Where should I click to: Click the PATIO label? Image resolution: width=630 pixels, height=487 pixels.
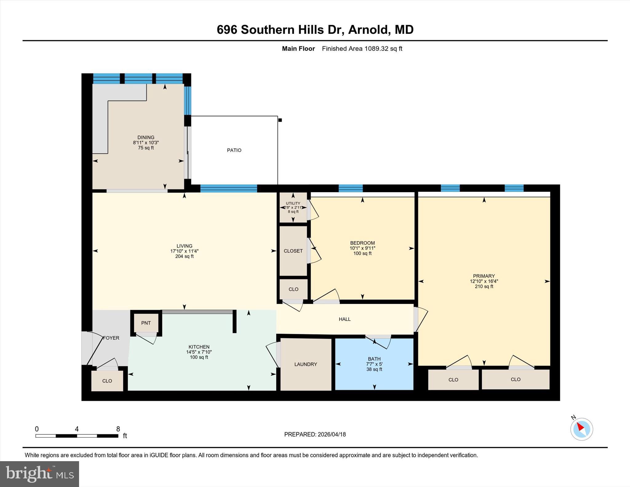[x=234, y=150]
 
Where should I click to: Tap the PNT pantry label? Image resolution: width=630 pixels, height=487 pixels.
[x=146, y=323]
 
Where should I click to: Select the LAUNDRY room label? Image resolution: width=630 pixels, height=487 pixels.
[x=305, y=364]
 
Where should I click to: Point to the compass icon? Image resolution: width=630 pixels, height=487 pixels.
[x=581, y=429]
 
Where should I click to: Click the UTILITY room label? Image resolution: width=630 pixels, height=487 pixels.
[x=293, y=203]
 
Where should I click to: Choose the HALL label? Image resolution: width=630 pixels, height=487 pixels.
[x=345, y=319]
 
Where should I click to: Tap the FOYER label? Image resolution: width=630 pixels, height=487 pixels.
[x=111, y=338]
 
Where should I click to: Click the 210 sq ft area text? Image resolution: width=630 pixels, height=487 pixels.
[x=484, y=286]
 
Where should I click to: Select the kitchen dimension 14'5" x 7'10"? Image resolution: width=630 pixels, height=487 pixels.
[x=199, y=352]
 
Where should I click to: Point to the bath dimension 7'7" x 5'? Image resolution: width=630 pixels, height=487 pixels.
[x=374, y=364]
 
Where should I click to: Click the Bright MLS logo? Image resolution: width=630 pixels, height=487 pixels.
[x=39, y=474]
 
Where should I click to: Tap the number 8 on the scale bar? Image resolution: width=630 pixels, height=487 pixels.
[x=118, y=429]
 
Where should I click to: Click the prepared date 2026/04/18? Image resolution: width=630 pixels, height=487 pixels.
[x=332, y=434]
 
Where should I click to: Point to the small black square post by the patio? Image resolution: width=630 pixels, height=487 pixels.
[x=280, y=120]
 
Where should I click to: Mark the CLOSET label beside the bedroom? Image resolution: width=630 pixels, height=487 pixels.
[x=293, y=251]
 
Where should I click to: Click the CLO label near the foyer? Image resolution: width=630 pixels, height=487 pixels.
[x=107, y=381]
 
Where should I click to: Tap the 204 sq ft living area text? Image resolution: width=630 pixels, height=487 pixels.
[x=184, y=256]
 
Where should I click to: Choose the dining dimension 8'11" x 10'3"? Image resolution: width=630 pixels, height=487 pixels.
[x=146, y=143]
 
